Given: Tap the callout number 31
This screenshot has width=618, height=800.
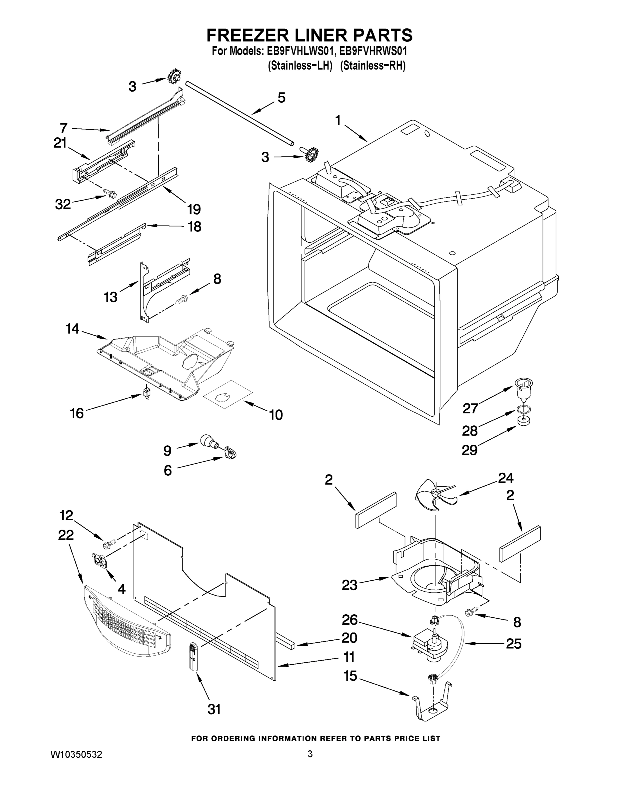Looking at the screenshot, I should pyautogui.click(x=214, y=710).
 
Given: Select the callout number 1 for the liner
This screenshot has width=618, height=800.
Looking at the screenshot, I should pyautogui.click(x=337, y=120).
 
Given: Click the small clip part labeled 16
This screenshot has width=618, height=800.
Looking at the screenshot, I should pyautogui.click(x=147, y=393).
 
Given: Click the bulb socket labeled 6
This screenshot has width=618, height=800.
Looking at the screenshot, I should pyautogui.click(x=231, y=452).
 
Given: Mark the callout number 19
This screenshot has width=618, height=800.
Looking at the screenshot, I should pyautogui.click(x=194, y=210).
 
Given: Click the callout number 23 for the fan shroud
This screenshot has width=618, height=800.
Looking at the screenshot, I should pyautogui.click(x=349, y=585).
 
